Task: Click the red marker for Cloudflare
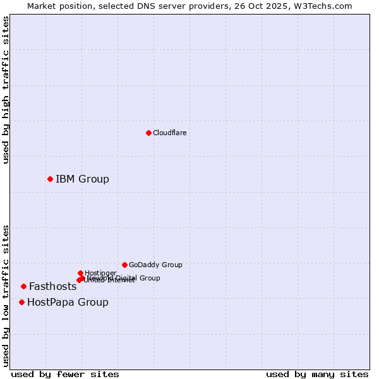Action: [148, 133]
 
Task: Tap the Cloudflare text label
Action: [169, 133]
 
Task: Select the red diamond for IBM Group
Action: [50, 179]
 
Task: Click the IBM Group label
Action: [82, 179]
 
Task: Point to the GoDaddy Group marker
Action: [124, 265]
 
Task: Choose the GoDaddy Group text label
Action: [155, 265]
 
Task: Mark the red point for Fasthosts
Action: [23, 286]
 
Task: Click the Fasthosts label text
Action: [53, 287]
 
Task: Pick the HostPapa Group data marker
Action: [21, 302]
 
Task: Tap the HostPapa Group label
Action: [68, 303]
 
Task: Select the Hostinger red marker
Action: [80, 273]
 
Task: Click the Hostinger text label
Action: [100, 273]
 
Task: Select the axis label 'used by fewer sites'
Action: [65, 374]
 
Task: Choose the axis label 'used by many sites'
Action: [317, 374]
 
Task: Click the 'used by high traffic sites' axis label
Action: [6, 90]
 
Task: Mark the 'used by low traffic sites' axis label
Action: [6, 296]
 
